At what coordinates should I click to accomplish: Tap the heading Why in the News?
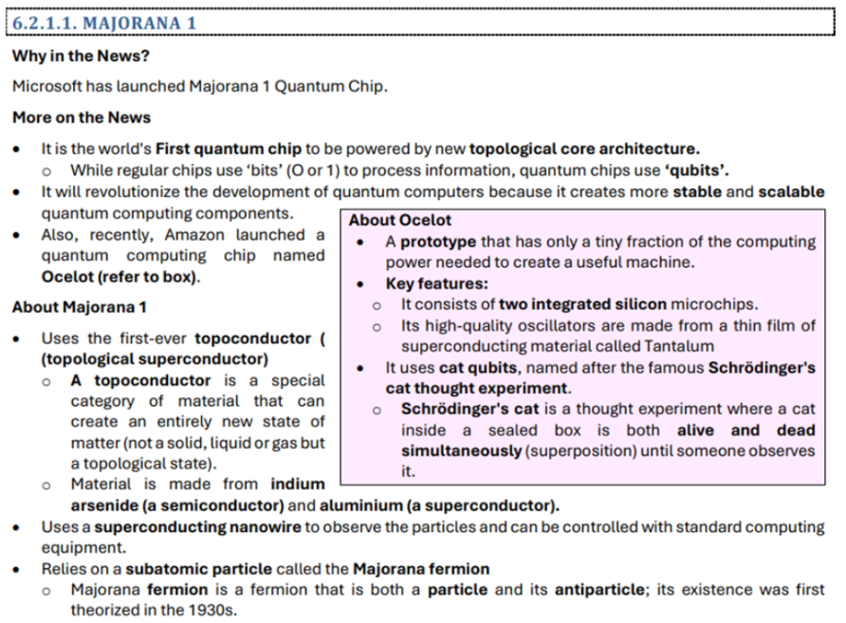click(x=81, y=56)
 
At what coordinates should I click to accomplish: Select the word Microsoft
click(x=47, y=86)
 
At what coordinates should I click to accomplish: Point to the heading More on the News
click(x=82, y=118)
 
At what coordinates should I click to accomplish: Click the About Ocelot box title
click(x=400, y=221)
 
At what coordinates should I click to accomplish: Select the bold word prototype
click(x=438, y=242)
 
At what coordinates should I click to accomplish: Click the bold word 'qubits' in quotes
click(x=695, y=171)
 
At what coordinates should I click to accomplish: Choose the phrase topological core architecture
click(x=584, y=149)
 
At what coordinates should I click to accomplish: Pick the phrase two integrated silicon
click(x=583, y=304)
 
